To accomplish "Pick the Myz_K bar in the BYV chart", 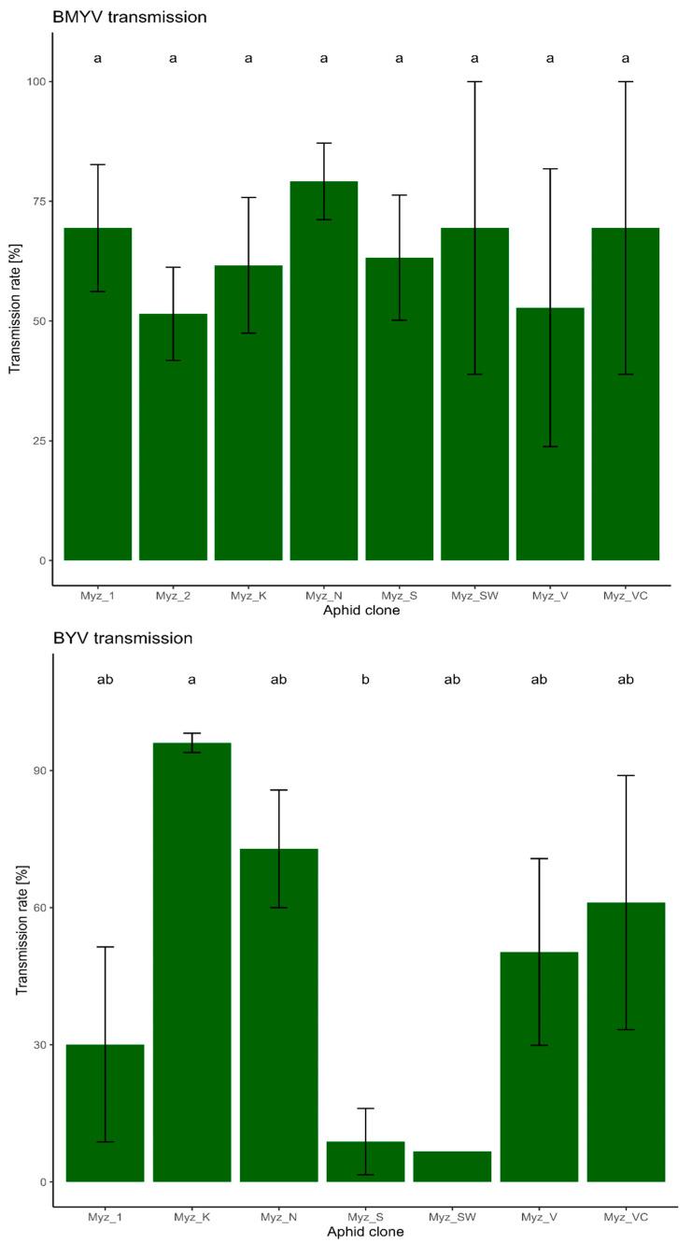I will [x=191, y=962].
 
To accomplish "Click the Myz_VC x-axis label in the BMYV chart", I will [x=626, y=596].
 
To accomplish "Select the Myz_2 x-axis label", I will [x=173, y=596].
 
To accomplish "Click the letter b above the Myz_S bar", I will [x=365, y=680].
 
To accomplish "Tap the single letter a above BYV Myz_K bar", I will [x=191, y=680].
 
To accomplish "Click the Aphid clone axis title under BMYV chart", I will [x=361, y=610].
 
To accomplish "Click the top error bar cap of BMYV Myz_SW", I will [x=474, y=82].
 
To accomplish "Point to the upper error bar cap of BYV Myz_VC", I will [x=626, y=775].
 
